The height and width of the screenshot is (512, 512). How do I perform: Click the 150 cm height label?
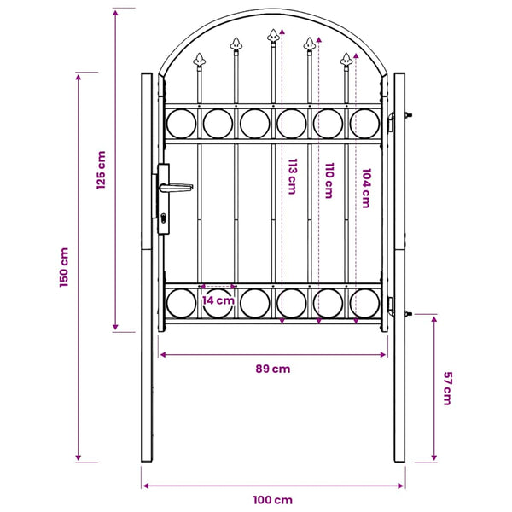click(64, 267)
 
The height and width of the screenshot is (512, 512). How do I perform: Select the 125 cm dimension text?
click(102, 170)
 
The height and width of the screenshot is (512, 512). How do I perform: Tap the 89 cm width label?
click(273, 369)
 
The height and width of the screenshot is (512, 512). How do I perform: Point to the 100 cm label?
click(273, 500)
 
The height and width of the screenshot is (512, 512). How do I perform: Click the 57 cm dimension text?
click(447, 388)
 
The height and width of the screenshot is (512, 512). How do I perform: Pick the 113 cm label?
click(292, 177)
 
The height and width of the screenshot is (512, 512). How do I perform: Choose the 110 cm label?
click(329, 181)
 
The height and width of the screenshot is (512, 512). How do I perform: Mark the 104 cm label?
click(366, 188)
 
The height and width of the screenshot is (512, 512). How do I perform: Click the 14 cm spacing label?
click(218, 300)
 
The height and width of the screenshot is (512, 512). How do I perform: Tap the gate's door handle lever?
click(177, 188)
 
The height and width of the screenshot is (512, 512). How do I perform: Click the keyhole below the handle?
click(163, 218)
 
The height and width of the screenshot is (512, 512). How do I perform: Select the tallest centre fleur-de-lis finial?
click(273, 37)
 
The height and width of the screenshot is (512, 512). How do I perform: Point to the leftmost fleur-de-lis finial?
click(199, 61)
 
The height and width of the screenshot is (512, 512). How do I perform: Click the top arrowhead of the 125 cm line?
click(115, 13)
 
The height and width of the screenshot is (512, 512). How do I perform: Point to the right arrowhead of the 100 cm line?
click(401, 486)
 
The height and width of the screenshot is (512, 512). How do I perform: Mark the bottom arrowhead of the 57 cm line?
click(434, 457)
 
